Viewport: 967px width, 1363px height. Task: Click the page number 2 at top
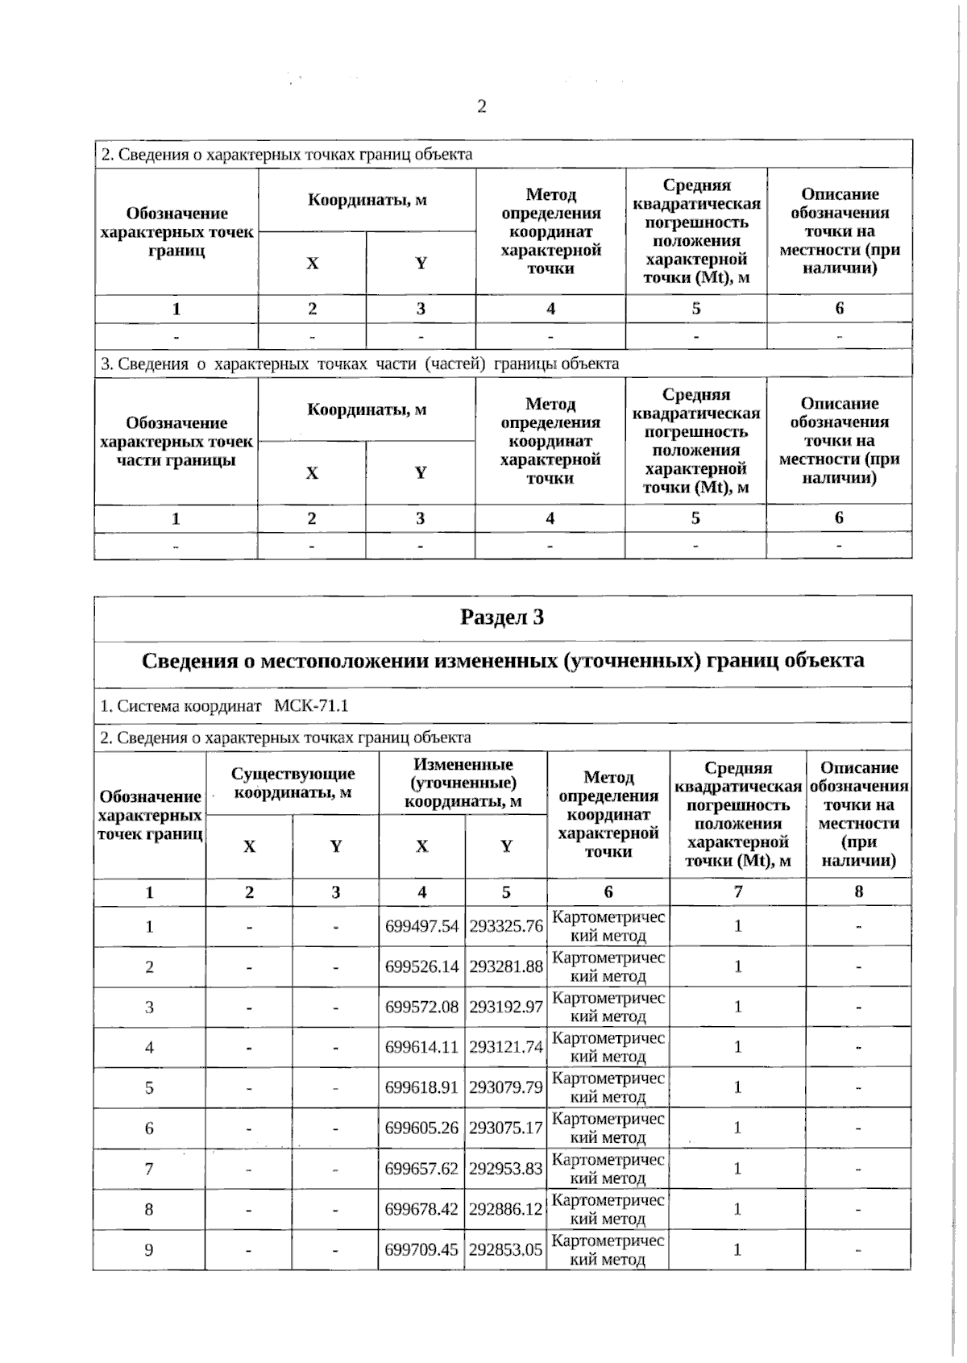point(482,106)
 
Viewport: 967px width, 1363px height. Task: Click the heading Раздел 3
point(502,617)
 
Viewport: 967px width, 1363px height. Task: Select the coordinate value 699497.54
point(421,926)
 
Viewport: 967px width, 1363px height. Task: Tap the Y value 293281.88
point(506,966)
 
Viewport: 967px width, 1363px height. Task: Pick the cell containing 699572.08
point(421,1007)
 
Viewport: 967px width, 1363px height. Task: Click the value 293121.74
point(506,1047)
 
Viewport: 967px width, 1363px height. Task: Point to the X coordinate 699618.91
point(421,1087)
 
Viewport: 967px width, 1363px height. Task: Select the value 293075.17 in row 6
point(506,1128)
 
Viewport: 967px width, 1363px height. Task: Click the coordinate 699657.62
point(421,1168)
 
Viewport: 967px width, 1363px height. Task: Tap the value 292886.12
point(506,1209)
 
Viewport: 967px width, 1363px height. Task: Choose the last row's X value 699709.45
point(421,1249)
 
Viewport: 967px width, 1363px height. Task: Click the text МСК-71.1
point(311,706)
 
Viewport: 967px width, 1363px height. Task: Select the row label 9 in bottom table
point(149,1249)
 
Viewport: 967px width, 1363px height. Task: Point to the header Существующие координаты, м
point(293,783)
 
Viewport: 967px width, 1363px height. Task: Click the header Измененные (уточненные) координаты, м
point(463,783)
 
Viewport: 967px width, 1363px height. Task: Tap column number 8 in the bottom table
point(858,891)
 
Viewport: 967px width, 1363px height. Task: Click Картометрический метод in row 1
point(608,926)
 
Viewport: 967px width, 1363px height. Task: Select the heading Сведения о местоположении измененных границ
point(503,661)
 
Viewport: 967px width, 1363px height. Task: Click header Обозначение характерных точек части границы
point(176,442)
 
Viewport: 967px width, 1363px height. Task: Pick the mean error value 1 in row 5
point(737,1087)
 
